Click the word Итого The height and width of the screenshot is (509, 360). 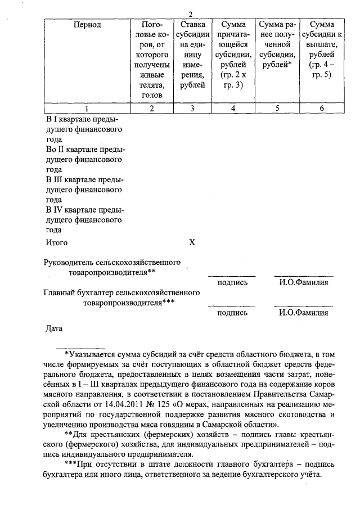pyautogui.click(x=56, y=243)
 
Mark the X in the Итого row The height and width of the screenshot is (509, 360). pyautogui.click(x=192, y=243)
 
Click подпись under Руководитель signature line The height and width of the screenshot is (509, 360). pyautogui.click(x=232, y=282)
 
